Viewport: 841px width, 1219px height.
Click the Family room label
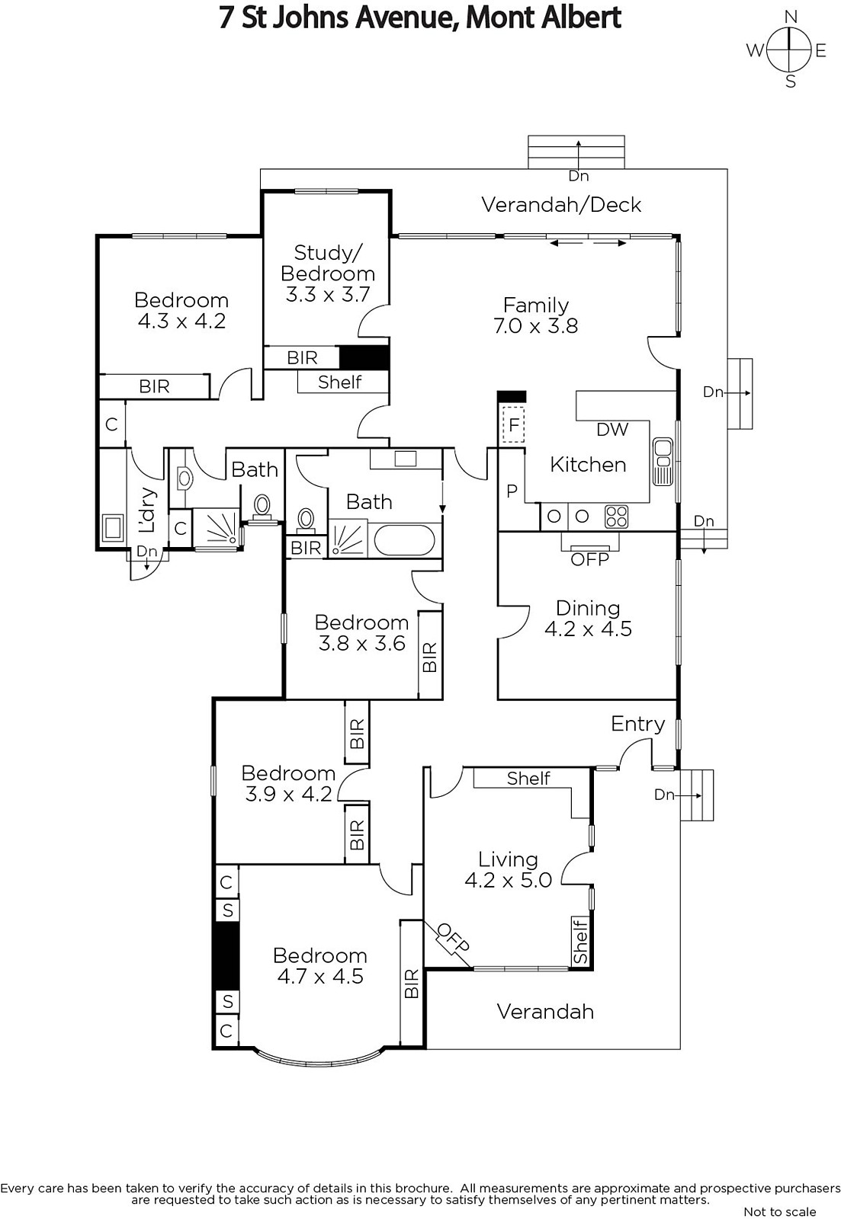pos(535,315)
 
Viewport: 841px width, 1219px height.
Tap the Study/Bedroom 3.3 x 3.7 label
pos(327,274)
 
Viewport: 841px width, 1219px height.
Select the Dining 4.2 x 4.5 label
pos(588,618)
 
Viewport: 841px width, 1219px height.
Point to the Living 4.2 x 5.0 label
pos(509,869)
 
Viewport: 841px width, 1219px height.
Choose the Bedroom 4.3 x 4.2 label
pos(181,310)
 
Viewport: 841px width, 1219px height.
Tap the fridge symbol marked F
pos(514,424)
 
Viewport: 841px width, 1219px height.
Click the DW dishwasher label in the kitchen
pos(612,430)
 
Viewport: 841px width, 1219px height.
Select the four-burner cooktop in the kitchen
pos(617,517)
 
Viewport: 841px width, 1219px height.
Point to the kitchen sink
pos(663,461)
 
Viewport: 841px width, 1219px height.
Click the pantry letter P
pos(512,491)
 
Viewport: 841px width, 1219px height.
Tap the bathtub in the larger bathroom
pos(404,540)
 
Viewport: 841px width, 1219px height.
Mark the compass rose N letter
pos(791,17)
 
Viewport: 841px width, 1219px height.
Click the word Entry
pos(638,725)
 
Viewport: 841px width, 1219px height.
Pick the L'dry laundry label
pos(147,510)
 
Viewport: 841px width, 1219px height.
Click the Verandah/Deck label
pos(562,205)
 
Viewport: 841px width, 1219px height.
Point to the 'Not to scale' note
pos(779,1211)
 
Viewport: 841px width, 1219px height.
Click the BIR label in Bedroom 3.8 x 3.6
pos(430,657)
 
